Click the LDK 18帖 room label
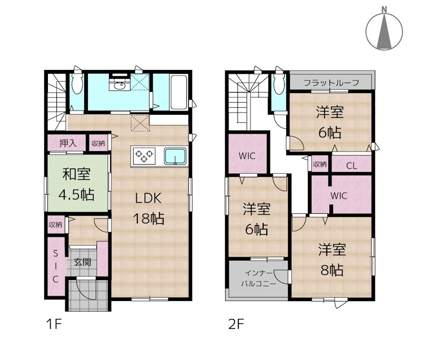tap(149, 208)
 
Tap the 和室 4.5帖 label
tap(76, 184)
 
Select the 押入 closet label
tap(68, 143)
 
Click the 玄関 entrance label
tap(82, 262)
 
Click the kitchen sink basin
tap(175, 156)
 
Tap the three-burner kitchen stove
tap(144, 156)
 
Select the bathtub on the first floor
tap(178, 92)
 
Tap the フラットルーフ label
tap(332, 83)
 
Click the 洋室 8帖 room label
tap(332, 259)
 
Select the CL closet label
tap(352, 166)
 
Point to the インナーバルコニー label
tap(258, 278)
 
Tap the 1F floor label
tap(54, 324)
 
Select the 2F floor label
tap(236, 324)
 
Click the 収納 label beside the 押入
tap(98, 143)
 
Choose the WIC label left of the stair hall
tap(247, 156)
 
